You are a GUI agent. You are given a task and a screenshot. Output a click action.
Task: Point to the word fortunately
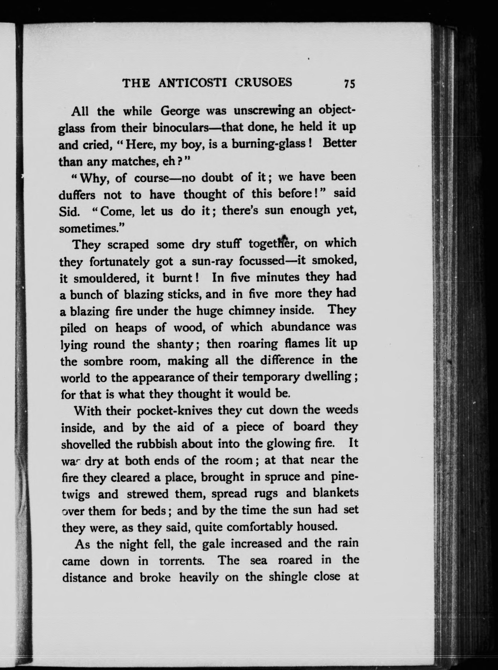(119, 261)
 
